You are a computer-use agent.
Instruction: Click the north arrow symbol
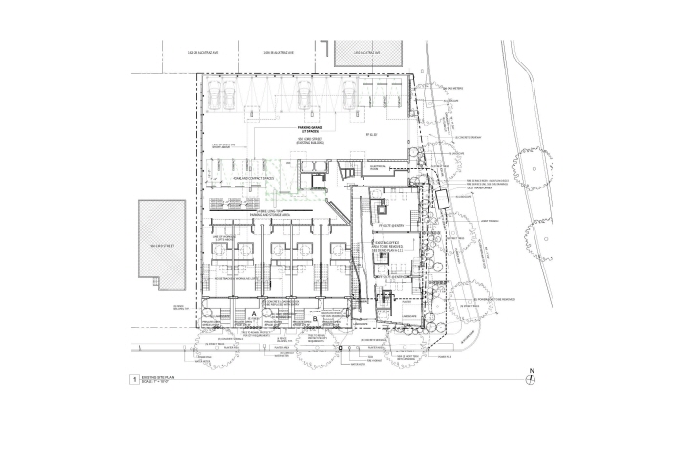click(532, 374)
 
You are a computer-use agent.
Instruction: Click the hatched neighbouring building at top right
click(371, 54)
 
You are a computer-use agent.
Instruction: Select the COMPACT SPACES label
click(235, 180)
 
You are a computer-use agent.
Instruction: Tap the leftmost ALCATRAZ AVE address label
click(201, 51)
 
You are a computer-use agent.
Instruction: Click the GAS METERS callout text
click(453, 90)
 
